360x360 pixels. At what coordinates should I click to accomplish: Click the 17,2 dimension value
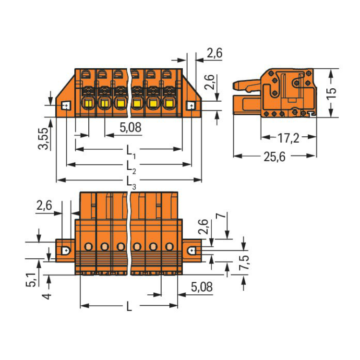click(x=288, y=138)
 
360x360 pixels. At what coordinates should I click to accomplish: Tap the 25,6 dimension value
click(x=275, y=157)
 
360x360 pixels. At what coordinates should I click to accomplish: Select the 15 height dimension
click(x=331, y=93)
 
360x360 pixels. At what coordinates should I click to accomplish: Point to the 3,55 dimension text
click(x=43, y=139)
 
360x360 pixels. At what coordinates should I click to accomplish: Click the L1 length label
click(x=131, y=152)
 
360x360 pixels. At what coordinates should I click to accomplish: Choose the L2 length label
click(x=131, y=167)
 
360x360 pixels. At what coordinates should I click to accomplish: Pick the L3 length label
click(x=131, y=182)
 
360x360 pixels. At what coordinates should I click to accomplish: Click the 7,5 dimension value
click(x=244, y=262)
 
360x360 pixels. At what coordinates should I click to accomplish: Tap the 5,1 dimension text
click(x=31, y=280)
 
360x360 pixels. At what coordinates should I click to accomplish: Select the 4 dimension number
click(x=47, y=296)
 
